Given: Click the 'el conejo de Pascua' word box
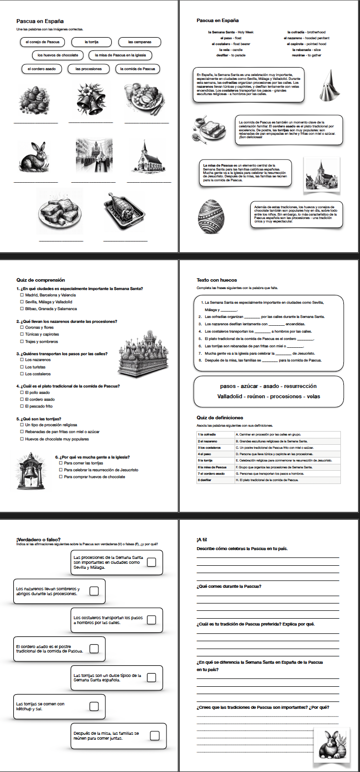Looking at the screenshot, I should click(43, 42).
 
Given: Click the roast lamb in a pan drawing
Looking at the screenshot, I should click(124, 211).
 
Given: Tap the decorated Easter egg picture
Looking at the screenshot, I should click(211, 216).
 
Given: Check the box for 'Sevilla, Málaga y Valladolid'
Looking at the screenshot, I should click(22, 302).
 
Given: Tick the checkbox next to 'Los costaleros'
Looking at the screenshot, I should click(22, 374).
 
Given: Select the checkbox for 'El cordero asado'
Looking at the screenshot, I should click(22, 399).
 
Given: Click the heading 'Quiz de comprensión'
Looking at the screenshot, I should click(41, 280).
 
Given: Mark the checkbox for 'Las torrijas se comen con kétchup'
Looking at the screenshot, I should click(94, 706).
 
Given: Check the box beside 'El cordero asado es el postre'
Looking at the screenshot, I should click(94, 649).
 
